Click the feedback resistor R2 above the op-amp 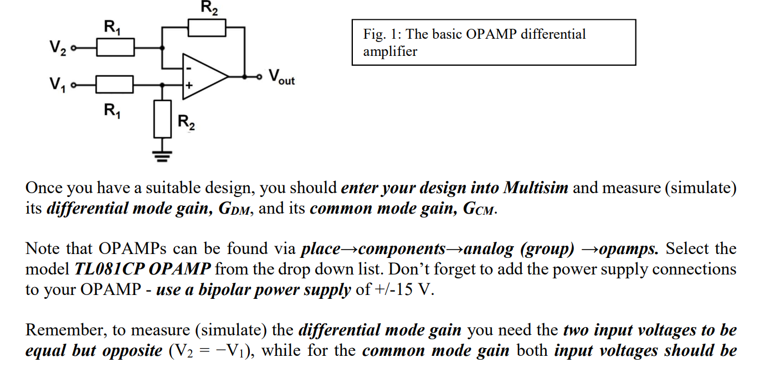(x=207, y=28)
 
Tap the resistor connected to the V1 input (x=115, y=85)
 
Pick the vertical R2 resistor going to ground (x=162, y=118)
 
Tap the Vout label (x=281, y=77)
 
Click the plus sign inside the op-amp (x=188, y=86)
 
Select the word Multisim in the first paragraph (x=535, y=188)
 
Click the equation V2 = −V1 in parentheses (x=210, y=351)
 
